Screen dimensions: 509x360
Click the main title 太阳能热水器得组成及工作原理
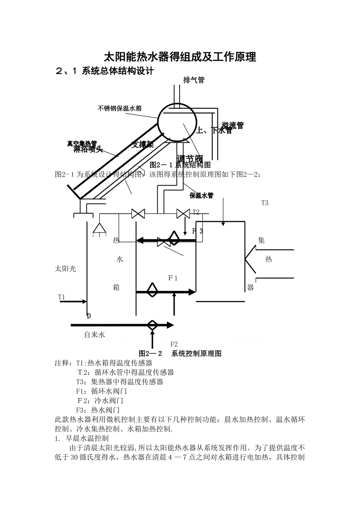tap(180, 57)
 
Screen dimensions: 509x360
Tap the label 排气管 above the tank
tap(194, 80)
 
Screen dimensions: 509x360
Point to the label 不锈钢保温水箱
tap(119, 109)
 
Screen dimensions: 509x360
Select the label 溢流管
tap(232, 125)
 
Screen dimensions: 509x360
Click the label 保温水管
tap(201, 195)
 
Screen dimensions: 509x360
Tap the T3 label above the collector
tap(265, 203)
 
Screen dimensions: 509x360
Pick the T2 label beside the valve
tap(196, 212)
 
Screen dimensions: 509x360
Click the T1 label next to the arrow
tap(61, 297)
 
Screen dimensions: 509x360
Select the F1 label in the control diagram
tap(173, 278)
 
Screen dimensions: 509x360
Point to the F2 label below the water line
tap(174, 344)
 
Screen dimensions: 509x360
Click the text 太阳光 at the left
tap(66, 269)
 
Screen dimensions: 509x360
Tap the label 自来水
tap(94, 335)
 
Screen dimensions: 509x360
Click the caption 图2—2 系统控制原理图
tap(180, 353)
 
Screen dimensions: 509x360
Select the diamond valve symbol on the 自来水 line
tap(152, 325)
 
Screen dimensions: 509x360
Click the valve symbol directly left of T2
tap(183, 214)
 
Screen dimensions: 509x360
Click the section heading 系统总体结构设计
tap(118, 71)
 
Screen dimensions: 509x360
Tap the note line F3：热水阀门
tap(98, 410)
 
